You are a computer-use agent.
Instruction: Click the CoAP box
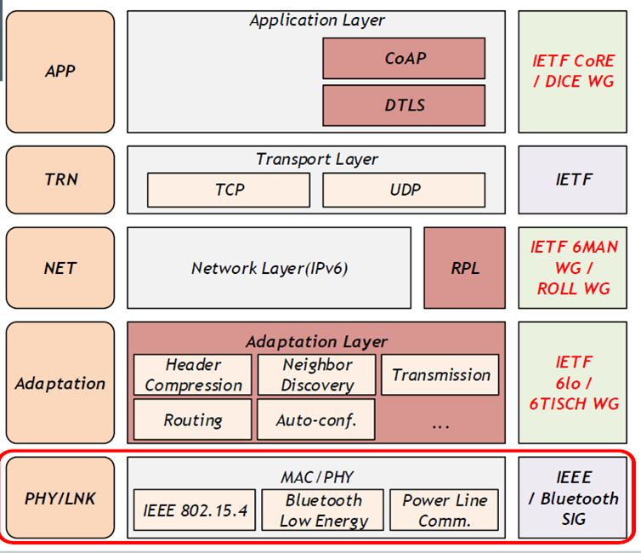pyautogui.click(x=404, y=58)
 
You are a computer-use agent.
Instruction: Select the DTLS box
pyautogui.click(x=404, y=105)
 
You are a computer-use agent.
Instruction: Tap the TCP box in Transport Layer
pyautogui.click(x=229, y=190)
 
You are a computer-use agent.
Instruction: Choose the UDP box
pyautogui.click(x=404, y=190)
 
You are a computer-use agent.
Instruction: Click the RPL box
pyautogui.click(x=464, y=268)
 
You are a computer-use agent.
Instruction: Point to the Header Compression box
pyautogui.click(x=192, y=374)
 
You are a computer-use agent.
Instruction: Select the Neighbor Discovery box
pyautogui.click(x=316, y=374)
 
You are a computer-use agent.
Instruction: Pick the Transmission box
pyautogui.click(x=440, y=374)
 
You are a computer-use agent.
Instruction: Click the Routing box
pyautogui.click(x=192, y=419)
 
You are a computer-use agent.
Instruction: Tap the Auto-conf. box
pyautogui.click(x=316, y=419)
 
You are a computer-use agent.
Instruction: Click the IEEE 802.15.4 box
pyautogui.click(x=195, y=510)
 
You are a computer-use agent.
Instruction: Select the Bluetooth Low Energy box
pyautogui.click(x=322, y=510)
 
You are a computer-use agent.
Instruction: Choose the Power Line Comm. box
pyautogui.click(x=445, y=510)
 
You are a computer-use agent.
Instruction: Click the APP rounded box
pyautogui.click(x=60, y=71)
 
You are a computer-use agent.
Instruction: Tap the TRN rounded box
pyautogui.click(x=60, y=180)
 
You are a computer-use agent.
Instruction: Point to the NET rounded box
pyautogui.click(x=60, y=268)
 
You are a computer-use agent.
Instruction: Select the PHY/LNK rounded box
pyautogui.click(x=60, y=498)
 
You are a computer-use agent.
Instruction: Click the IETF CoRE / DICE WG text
pyautogui.click(x=574, y=71)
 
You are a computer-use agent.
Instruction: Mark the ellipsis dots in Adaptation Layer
pyautogui.click(x=440, y=426)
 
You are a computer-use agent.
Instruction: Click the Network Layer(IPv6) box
pyautogui.click(x=269, y=268)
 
